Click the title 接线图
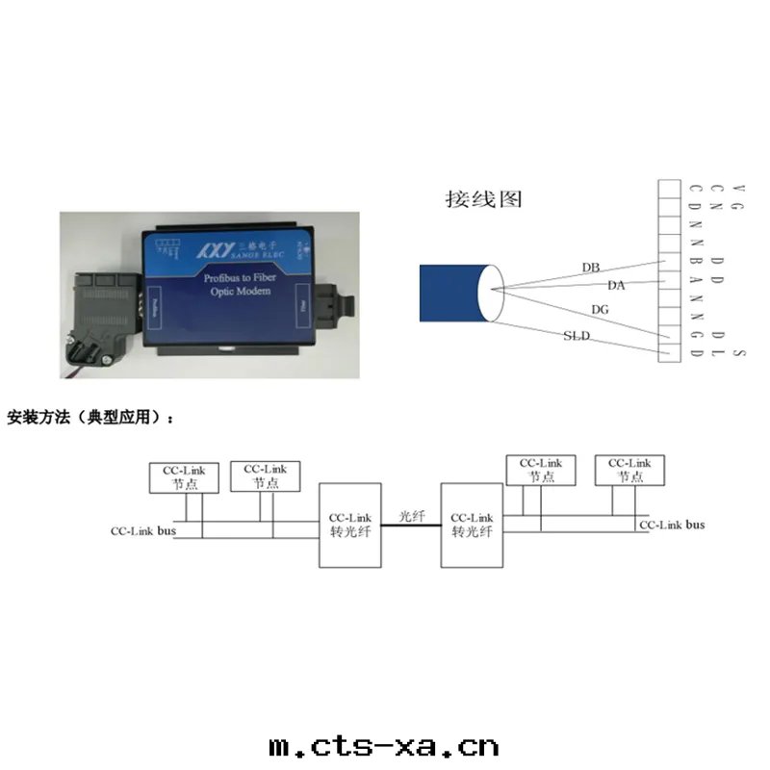[483, 199]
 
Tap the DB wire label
[592, 267]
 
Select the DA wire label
[617, 285]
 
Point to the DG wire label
[600, 310]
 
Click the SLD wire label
[576, 335]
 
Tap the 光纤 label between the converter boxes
[412, 516]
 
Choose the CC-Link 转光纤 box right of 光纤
[471, 525]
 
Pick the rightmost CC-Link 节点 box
[629, 470]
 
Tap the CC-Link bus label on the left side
[141, 530]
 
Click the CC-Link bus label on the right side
[672, 525]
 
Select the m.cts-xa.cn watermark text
[383, 746]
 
